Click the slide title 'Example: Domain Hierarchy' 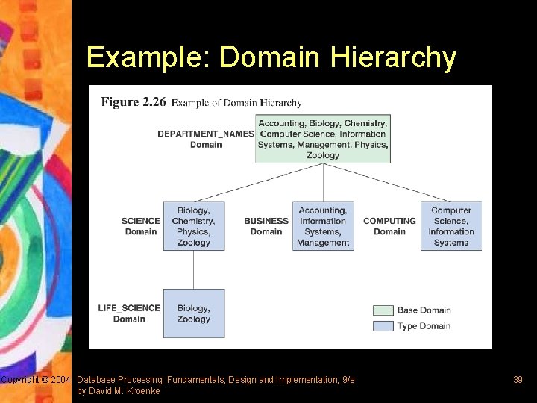271,57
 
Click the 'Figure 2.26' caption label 134,102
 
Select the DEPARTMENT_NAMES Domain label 205,139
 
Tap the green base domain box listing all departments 323,139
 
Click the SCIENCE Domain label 141,226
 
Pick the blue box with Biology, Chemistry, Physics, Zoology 194,226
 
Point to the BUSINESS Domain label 266,226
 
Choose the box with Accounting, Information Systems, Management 323,226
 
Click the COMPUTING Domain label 389,226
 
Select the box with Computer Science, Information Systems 451,226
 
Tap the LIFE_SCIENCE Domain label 129,313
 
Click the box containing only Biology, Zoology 194,313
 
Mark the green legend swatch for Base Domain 383,310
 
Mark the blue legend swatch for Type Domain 383,326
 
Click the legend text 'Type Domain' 424,326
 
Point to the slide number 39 518,380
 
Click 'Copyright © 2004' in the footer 36,380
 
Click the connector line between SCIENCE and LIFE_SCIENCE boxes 194,269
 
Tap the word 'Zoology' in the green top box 323,155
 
